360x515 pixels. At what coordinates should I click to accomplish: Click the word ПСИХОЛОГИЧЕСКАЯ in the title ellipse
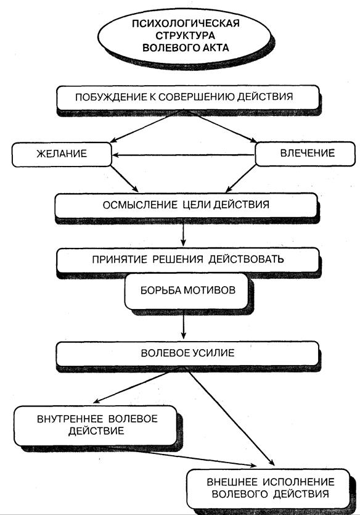click(186, 23)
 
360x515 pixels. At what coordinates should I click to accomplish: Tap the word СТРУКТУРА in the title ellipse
click(186, 36)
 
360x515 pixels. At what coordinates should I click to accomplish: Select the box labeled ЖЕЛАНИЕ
click(62, 154)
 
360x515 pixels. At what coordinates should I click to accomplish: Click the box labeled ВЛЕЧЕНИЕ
click(305, 154)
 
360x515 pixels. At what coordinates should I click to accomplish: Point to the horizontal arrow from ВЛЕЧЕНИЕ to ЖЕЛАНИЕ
click(184, 155)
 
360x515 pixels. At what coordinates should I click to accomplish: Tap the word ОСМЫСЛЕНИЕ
click(141, 205)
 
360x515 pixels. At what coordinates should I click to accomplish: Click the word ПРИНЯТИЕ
click(120, 260)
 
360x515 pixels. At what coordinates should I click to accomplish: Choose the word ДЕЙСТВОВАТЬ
click(246, 259)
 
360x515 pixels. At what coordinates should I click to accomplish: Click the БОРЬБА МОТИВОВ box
click(186, 291)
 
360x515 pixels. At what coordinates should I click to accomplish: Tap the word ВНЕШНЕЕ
click(232, 482)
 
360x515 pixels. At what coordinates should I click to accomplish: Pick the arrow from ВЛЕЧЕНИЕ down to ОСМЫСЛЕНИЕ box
click(240, 179)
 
